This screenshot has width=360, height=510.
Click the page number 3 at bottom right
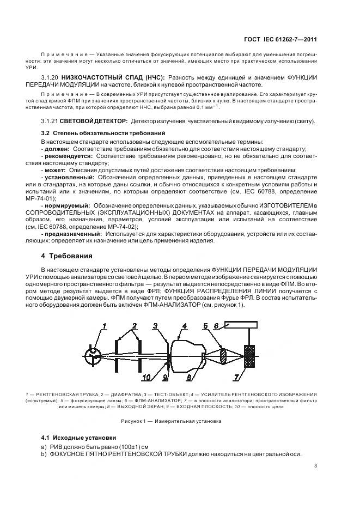315,465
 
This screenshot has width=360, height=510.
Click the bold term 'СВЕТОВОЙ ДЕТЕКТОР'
94,120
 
